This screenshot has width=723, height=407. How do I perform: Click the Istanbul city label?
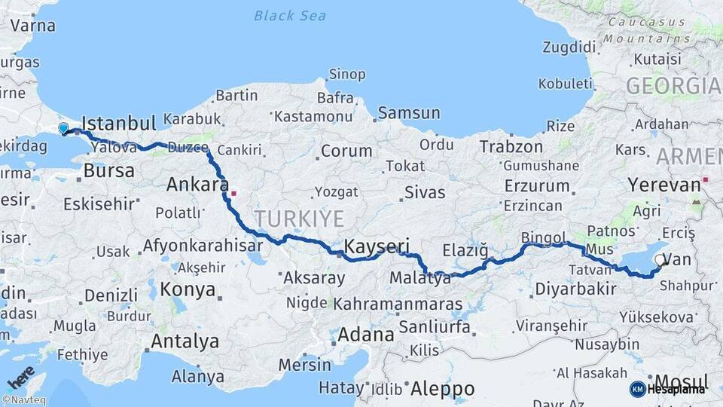pos(118,123)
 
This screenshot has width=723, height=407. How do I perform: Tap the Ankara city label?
pos(197,184)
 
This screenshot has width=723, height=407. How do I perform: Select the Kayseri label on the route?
pos(377,246)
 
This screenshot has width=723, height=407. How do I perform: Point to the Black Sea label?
pos(289,15)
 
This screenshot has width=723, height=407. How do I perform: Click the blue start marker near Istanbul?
pos(63,129)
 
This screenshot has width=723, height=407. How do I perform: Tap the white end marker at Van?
pos(660,260)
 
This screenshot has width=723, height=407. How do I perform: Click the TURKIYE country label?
pos(299,219)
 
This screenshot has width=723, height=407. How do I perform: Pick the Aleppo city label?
pos(443,389)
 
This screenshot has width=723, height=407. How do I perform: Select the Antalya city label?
pos(185,341)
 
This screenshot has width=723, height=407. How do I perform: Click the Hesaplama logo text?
pos(676,389)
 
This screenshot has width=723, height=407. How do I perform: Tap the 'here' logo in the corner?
pos(21,375)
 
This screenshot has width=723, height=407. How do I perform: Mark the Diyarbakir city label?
pos(575,289)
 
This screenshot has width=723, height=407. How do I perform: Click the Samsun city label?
pos(409,113)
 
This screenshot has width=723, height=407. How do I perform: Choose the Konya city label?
pos(188,289)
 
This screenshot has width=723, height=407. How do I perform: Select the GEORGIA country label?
pos(673,86)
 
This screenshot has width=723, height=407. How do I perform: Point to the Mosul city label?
pos(682,381)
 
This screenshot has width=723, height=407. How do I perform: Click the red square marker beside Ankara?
pos(233,193)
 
